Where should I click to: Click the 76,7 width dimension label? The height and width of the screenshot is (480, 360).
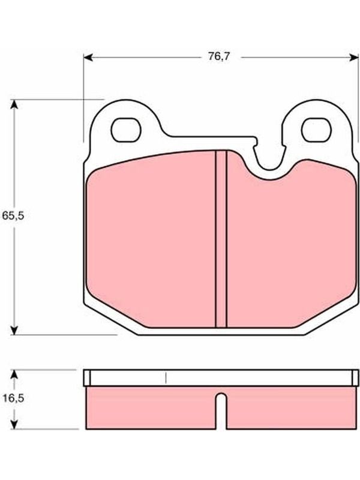pos(219,56)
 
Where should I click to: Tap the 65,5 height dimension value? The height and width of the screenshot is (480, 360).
pos(13,215)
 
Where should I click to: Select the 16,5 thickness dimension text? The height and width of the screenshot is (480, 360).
pos(13,398)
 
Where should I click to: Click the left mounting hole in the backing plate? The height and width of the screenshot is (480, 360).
pos(126,130)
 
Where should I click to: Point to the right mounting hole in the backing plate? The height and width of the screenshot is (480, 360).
pos(316,130)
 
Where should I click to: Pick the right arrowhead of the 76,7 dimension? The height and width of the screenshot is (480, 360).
pos(354,57)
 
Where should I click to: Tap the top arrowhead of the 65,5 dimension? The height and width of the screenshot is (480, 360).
pos(14,104)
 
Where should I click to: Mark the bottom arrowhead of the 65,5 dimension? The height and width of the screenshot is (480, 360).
pos(14,330)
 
